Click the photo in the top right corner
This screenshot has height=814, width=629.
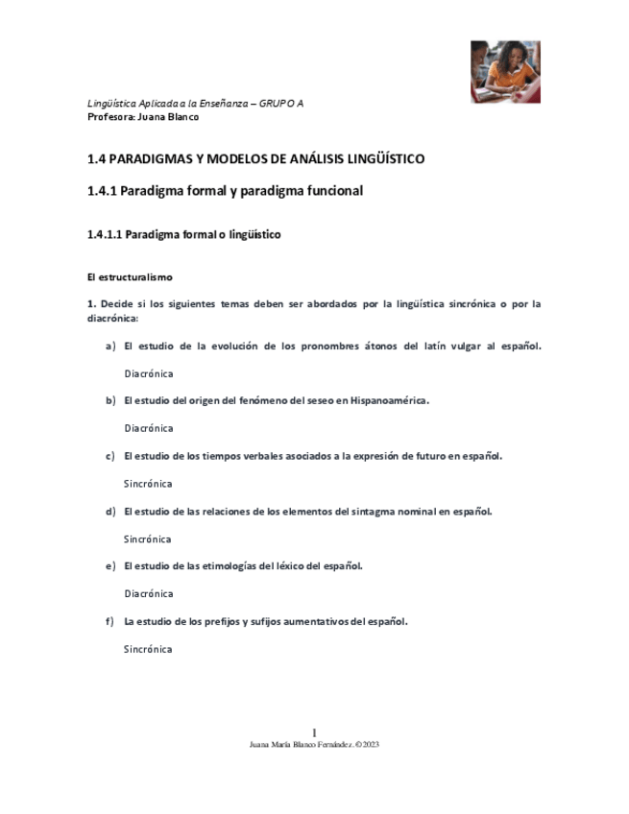pos(505,71)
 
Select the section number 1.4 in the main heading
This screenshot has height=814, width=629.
pos(97,159)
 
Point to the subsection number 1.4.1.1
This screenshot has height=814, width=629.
pos(105,234)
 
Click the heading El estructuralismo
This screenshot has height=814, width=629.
pos(129,277)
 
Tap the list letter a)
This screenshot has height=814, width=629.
pos(110,346)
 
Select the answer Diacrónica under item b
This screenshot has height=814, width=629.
pos(148,428)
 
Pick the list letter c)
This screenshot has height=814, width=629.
pos(110,456)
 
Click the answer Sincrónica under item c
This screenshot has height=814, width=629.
pos(148,484)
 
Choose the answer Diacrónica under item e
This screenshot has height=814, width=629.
pos(148,593)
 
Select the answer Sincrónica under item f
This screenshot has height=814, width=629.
pos(148,649)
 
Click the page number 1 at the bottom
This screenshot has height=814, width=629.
pos(314,732)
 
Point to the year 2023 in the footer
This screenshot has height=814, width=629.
pos(371,744)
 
